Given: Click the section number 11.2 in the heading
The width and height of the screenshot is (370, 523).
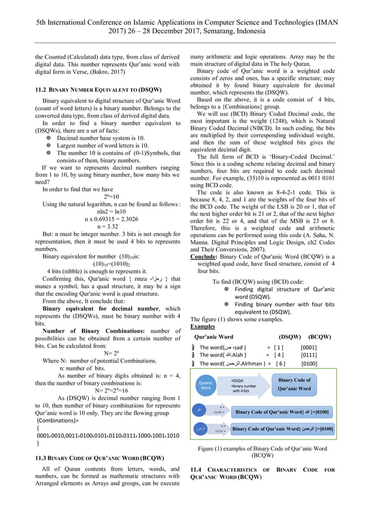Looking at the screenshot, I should click(42, 90).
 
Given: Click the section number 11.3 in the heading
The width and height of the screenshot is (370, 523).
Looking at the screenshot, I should click(42, 457).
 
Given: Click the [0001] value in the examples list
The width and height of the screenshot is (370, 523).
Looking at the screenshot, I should click(309, 347).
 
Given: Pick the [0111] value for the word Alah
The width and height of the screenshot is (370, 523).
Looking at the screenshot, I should click(309, 355).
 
